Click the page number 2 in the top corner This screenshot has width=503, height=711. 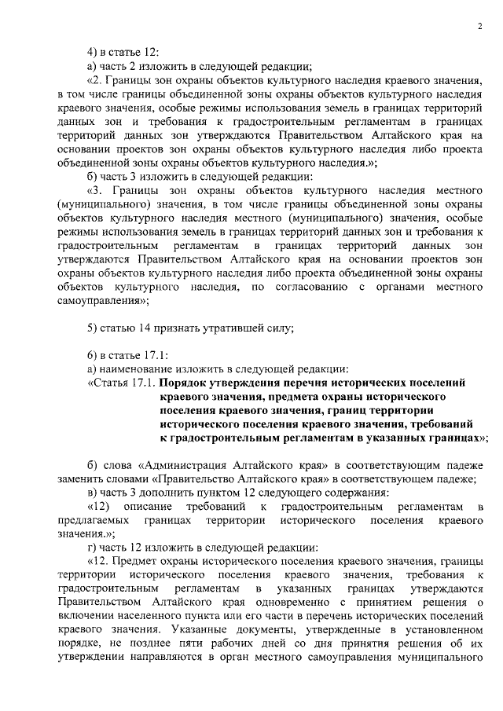tap(479, 27)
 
